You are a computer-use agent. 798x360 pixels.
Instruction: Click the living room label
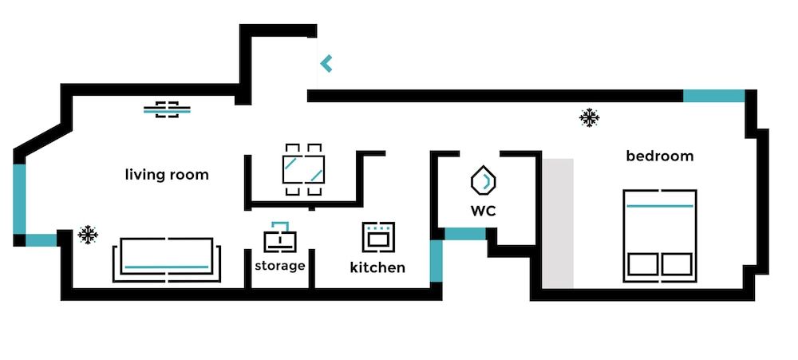click(167, 175)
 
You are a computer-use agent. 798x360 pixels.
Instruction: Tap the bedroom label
click(659, 156)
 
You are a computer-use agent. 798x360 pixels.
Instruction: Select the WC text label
click(483, 211)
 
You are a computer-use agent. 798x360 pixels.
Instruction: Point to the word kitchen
click(377, 267)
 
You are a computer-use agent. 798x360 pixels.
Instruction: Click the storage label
click(279, 265)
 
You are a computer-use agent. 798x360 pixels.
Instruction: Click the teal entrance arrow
click(326, 63)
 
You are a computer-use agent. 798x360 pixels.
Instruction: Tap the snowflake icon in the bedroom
click(590, 119)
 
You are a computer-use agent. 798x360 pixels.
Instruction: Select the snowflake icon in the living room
click(88, 235)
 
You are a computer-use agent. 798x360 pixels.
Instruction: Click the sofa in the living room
click(167, 259)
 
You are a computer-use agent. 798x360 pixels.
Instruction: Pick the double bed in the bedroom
click(659, 235)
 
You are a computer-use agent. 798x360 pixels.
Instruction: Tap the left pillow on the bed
click(642, 263)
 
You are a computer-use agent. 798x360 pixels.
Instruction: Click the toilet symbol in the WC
click(482, 181)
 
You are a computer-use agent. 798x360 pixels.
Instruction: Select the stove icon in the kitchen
click(377, 236)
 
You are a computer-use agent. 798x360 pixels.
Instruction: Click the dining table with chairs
click(303, 169)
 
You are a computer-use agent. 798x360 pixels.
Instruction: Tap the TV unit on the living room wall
click(167, 109)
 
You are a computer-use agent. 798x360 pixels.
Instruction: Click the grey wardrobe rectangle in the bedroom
click(559, 224)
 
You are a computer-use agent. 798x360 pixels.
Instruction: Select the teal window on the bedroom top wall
click(713, 96)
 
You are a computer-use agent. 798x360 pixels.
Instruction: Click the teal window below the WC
click(464, 234)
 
